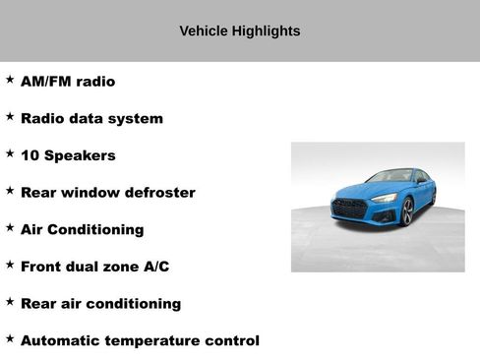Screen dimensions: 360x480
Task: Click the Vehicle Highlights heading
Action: [239, 31]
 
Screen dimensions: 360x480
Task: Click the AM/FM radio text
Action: [68, 82]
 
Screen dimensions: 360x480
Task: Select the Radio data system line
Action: [91, 119]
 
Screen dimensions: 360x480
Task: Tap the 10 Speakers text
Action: [68, 155]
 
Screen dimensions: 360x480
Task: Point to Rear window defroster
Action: [107, 193]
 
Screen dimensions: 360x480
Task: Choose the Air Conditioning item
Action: [82, 229]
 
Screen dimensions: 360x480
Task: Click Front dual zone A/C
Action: [94, 267]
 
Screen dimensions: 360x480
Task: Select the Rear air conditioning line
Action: [100, 304]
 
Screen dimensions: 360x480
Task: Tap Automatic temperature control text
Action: [140, 340]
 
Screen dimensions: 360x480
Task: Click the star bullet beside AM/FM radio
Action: [10, 80]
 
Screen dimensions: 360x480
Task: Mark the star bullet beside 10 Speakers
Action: [10, 153]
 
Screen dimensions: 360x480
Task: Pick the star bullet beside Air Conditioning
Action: [10, 227]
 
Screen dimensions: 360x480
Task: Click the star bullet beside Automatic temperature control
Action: [10, 338]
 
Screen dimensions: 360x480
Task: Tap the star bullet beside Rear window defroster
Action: [10, 191]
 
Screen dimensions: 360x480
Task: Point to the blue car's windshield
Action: [390, 177]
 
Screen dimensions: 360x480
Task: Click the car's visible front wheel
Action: [407, 210]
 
